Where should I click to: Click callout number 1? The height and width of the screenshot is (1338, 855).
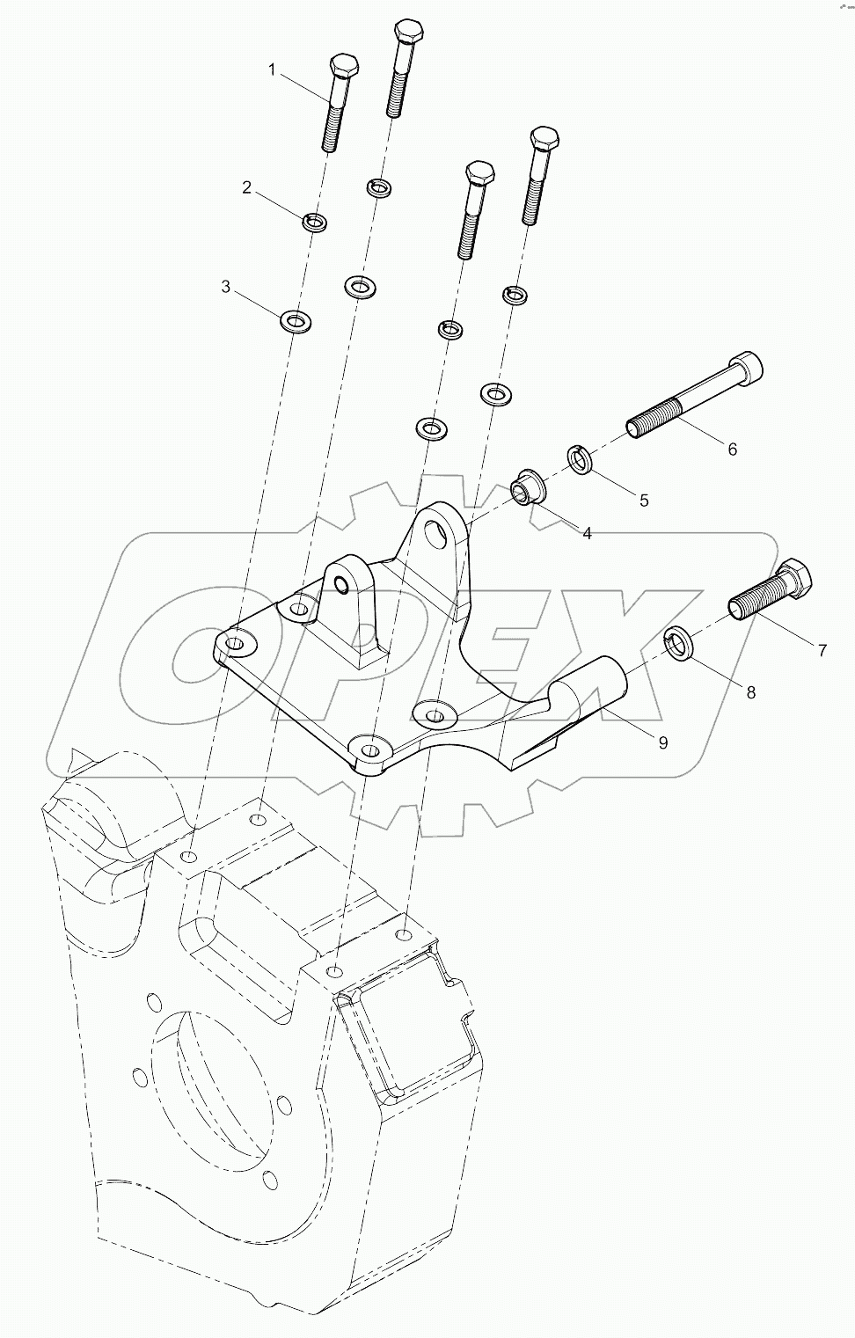coord(272,69)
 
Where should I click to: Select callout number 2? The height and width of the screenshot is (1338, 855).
coord(247,186)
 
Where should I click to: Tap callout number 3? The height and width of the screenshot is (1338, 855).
coord(226,287)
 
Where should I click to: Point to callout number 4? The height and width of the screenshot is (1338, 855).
coord(587,533)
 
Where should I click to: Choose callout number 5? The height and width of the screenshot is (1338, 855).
coord(644,500)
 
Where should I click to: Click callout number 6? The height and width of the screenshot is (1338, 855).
coord(732,449)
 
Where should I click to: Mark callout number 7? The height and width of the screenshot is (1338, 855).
coord(822,651)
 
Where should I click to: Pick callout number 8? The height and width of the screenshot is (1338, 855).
coord(750,691)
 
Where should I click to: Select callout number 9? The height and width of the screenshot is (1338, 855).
coord(662,742)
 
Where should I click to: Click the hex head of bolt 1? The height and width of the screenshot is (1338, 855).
coord(342,67)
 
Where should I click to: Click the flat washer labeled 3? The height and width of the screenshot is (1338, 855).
coord(297,321)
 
